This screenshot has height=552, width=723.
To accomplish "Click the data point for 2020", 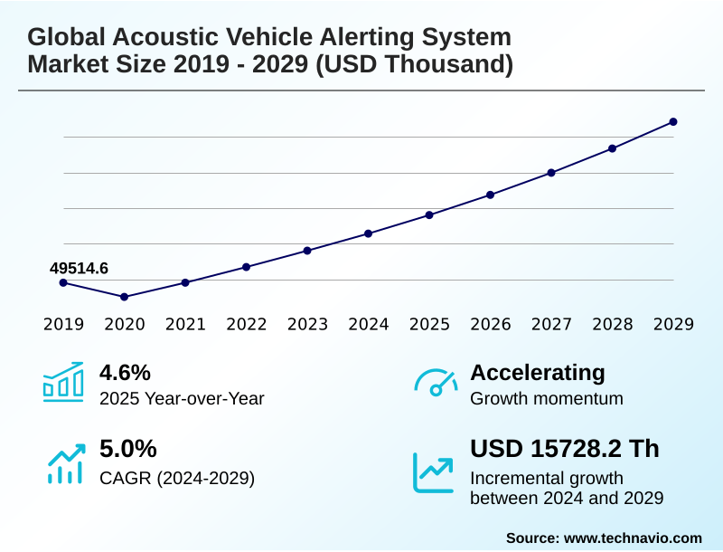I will (124, 297).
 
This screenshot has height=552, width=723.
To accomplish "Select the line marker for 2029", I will (673, 121).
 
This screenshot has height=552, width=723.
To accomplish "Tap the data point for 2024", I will (368, 233).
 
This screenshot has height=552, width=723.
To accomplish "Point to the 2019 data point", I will (63, 282).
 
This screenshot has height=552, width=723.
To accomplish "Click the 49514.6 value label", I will (79, 268).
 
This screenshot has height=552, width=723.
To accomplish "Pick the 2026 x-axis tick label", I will (490, 324).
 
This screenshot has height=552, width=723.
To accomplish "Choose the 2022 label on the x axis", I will (246, 324).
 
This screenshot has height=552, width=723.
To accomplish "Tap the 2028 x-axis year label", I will (612, 324).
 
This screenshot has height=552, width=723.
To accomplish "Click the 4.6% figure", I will (125, 372).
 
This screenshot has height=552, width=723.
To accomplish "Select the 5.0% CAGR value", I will (127, 449).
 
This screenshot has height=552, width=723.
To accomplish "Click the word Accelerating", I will (538, 372).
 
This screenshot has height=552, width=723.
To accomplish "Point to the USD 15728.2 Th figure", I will (565, 449).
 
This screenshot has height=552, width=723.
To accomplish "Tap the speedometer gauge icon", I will (436, 382).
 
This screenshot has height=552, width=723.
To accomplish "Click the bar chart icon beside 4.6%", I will (63, 382).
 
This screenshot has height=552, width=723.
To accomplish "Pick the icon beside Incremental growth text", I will (434, 471).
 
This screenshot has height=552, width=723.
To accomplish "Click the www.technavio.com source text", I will (633, 538).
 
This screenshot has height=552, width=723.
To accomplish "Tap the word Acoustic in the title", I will (163, 37).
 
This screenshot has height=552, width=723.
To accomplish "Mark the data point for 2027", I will (551, 173).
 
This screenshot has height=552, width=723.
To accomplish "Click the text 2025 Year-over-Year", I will (182, 398).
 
